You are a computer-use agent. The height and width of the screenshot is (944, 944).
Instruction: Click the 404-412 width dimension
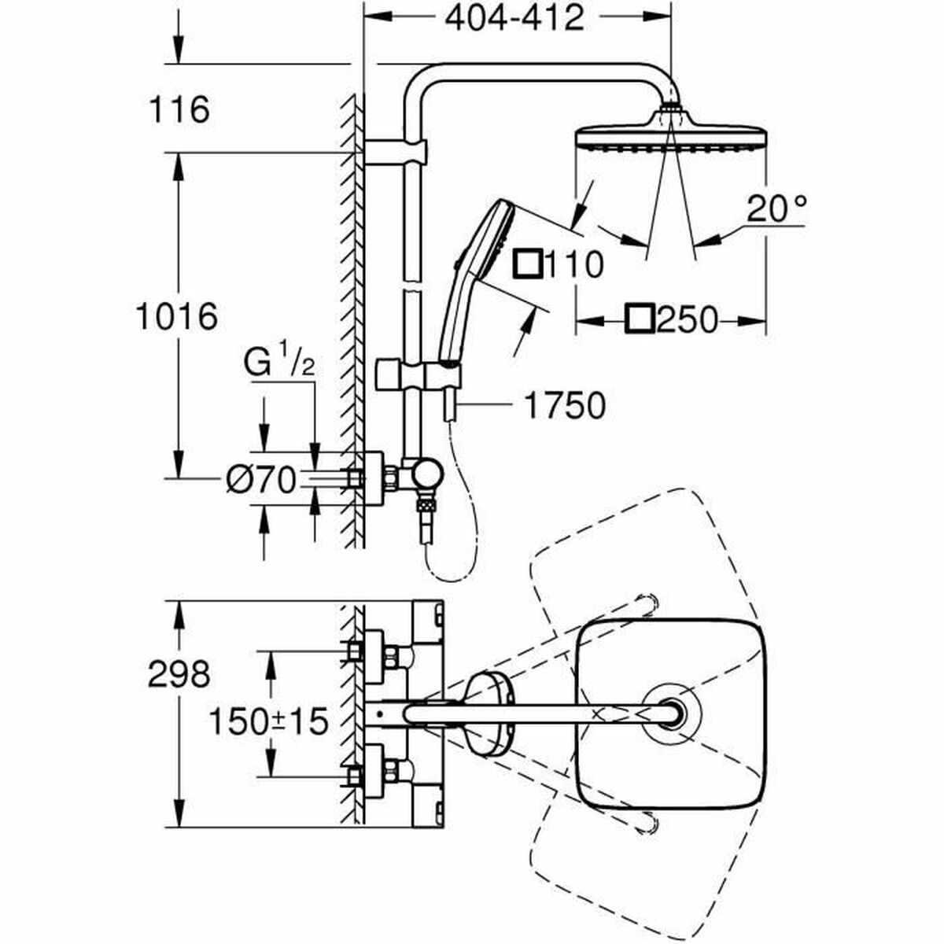pyautogui.click(x=515, y=17)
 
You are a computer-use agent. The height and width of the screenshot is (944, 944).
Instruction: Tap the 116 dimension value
pyautogui.click(x=179, y=109)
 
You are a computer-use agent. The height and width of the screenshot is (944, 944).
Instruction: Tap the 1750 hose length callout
pyautogui.click(x=564, y=406)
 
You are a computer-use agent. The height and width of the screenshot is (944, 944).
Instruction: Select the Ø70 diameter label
pyautogui.click(x=260, y=479)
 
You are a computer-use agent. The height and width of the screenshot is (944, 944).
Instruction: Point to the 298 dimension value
pyautogui.click(x=179, y=674)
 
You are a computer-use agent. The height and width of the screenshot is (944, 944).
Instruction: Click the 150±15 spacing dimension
pyautogui.click(x=267, y=721)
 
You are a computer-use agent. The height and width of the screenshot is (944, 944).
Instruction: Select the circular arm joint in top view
pyautogui.click(x=670, y=713)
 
